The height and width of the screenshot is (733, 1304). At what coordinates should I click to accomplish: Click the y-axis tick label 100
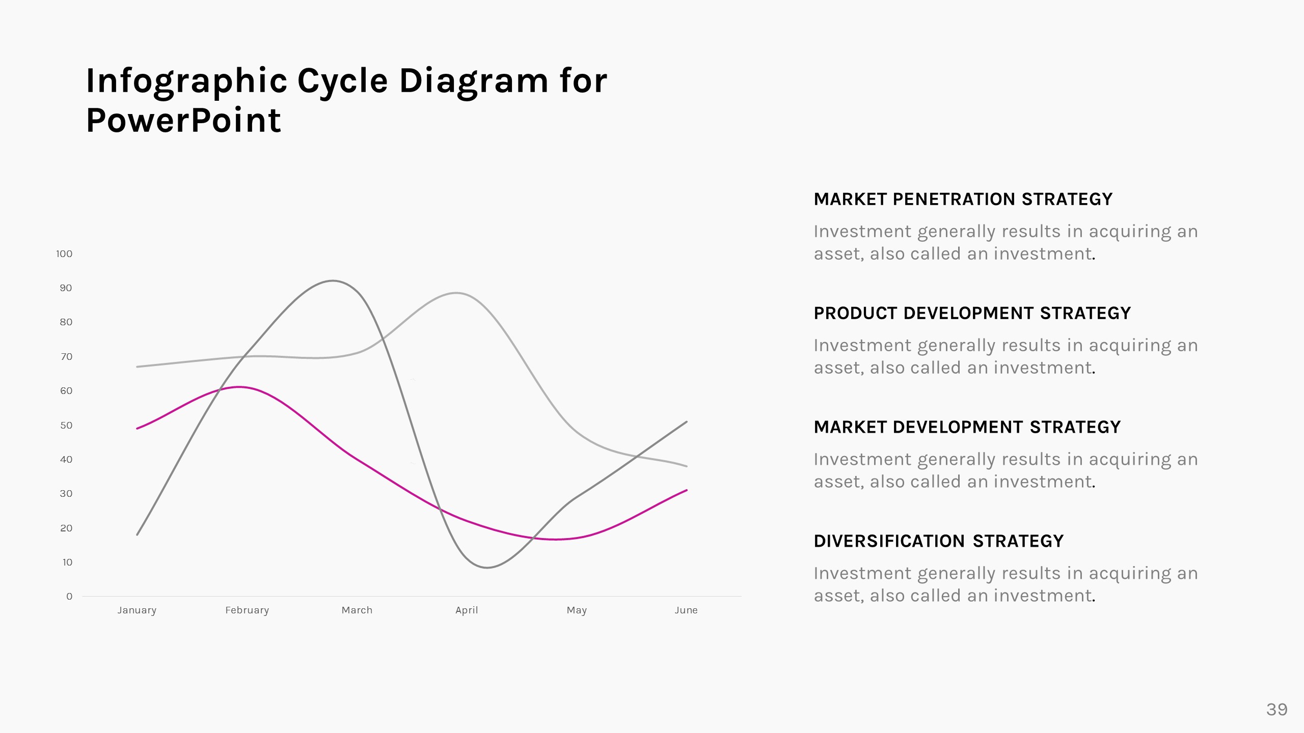[x=64, y=253]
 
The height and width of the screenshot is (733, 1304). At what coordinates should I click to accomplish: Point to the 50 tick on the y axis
[x=66, y=425]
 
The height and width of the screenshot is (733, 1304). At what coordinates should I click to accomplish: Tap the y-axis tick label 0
[x=69, y=596]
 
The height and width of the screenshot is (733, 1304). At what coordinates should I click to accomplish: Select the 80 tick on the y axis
[x=66, y=322]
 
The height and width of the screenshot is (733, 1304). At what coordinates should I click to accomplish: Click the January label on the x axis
[x=137, y=610]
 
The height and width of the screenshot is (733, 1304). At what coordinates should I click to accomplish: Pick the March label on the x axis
[x=357, y=610]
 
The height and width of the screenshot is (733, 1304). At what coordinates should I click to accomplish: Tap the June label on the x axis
[x=686, y=610]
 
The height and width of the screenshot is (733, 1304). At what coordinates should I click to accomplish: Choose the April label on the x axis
[x=467, y=610]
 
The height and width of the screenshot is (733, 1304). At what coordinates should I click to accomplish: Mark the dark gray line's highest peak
[x=332, y=280]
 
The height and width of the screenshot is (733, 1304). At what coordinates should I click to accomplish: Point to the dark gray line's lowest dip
[x=487, y=568]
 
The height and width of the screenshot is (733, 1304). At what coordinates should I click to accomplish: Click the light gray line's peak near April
[x=456, y=293]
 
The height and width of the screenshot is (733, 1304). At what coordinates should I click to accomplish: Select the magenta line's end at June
[x=687, y=490]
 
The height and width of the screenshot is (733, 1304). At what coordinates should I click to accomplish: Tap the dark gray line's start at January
[x=138, y=534]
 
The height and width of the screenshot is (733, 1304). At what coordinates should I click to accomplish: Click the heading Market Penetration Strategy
[x=963, y=199]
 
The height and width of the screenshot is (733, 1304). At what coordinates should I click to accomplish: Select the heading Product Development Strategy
[x=972, y=313]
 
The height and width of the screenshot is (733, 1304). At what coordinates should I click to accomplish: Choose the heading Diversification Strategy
[x=938, y=541]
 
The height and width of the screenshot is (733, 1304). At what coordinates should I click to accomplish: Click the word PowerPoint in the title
[x=183, y=121]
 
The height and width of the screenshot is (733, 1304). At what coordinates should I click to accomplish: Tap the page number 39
[x=1276, y=709]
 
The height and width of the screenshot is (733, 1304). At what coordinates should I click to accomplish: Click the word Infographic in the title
[x=186, y=81]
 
